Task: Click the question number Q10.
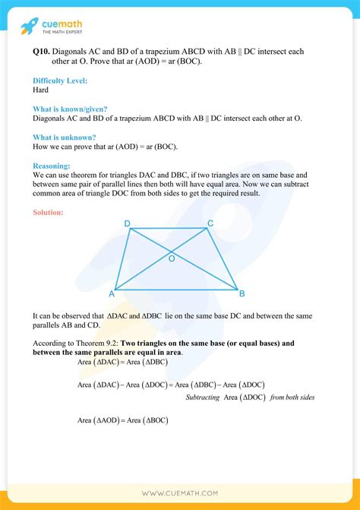[x=42, y=52]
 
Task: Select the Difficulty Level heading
[x=61, y=81]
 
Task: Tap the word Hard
[x=42, y=90]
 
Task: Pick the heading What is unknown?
[x=65, y=137]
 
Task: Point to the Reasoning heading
[x=52, y=165]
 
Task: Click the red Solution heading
[x=48, y=212]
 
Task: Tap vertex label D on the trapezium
[x=127, y=223]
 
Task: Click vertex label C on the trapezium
[x=210, y=223]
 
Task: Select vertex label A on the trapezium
[x=112, y=293]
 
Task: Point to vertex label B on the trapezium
[x=242, y=293]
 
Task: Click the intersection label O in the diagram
[x=172, y=259]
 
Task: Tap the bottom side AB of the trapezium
[x=176, y=290]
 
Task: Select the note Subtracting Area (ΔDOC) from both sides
[x=250, y=398]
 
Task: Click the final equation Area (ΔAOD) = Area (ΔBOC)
[x=122, y=420]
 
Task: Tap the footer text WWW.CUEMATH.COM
[x=180, y=494]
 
